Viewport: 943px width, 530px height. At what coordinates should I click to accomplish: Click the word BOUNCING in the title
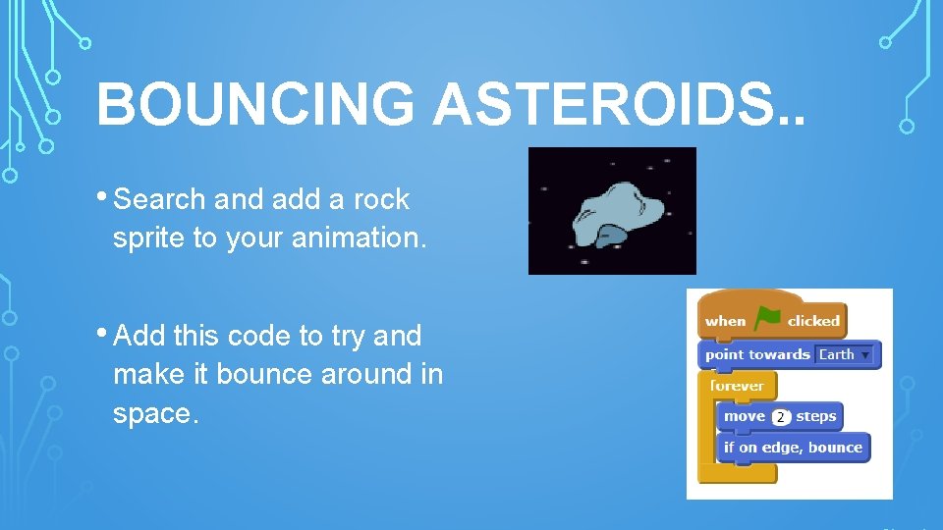click(255, 104)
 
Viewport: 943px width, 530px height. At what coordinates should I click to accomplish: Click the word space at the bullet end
click(154, 414)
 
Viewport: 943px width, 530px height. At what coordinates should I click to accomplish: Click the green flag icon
click(766, 319)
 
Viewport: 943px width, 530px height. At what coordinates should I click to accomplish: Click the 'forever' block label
click(737, 386)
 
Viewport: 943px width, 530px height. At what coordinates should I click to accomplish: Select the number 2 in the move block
click(780, 417)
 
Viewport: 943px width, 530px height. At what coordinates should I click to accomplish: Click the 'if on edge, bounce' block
click(793, 448)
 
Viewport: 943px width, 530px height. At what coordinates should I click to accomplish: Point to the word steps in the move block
click(815, 416)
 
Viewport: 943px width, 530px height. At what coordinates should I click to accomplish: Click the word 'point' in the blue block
click(726, 354)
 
